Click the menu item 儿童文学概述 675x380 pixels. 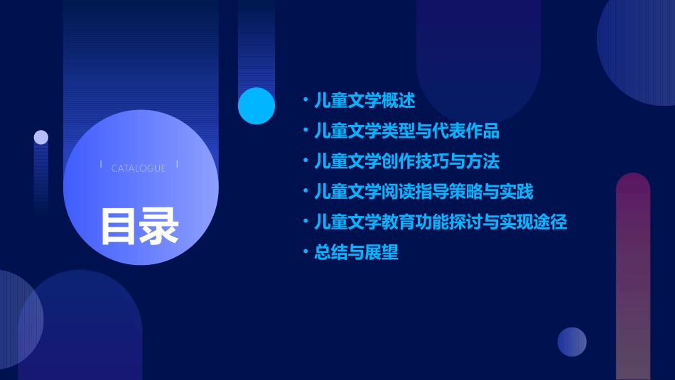pyautogui.click(x=364, y=101)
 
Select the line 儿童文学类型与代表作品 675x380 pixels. pyautogui.click(x=406, y=131)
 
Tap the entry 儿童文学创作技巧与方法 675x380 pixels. pyautogui.click(x=406, y=161)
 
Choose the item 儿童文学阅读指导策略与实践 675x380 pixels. pyautogui.click(x=423, y=192)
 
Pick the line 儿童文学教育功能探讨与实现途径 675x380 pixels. pyautogui.click(x=441, y=222)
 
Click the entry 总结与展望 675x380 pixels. pyautogui.click(x=356, y=252)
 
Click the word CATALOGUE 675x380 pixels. pyautogui.click(x=139, y=168)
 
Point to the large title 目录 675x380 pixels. pyautogui.click(x=139, y=227)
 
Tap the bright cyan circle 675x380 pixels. pyautogui.click(x=256, y=106)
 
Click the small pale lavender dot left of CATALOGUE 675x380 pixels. pyautogui.click(x=41, y=137)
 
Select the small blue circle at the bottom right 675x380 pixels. pyautogui.click(x=572, y=342)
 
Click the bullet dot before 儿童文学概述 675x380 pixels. pyautogui.click(x=306, y=101)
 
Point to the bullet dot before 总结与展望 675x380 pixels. pyautogui.click(x=306, y=252)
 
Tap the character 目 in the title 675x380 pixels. pyautogui.click(x=119, y=227)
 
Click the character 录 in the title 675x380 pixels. pyautogui.click(x=159, y=227)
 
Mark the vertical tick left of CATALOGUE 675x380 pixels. pyautogui.click(x=101, y=164)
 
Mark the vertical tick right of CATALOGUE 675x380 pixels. pyautogui.click(x=176, y=164)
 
